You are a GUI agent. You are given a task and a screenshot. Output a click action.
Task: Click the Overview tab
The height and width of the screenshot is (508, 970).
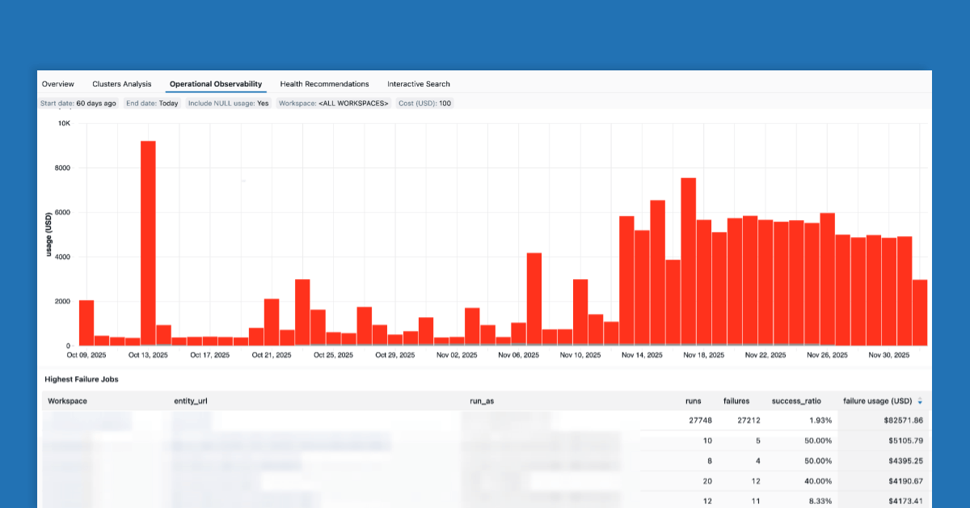point(58,84)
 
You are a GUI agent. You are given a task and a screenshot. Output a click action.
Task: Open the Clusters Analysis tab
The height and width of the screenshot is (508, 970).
point(122,84)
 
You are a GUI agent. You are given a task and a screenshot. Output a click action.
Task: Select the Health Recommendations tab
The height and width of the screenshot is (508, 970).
point(324,84)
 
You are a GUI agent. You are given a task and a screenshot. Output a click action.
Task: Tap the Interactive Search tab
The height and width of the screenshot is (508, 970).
point(419,84)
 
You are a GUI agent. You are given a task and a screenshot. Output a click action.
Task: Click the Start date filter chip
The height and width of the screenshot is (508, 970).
point(78,104)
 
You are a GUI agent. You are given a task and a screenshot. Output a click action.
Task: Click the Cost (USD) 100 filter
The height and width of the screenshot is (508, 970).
point(424,104)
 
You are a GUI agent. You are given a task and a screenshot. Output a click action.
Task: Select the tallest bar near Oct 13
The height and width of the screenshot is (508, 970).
point(148,243)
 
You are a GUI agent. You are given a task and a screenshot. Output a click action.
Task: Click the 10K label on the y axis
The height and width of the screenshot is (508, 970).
point(64,124)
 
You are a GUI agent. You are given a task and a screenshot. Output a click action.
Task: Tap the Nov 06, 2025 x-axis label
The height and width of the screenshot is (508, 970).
point(518,355)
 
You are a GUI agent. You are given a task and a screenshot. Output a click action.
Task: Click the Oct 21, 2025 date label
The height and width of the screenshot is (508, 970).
point(272,355)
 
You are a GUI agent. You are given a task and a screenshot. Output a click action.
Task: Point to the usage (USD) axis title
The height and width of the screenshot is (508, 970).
point(49,235)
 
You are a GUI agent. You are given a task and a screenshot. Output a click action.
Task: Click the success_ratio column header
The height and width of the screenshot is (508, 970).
point(796,401)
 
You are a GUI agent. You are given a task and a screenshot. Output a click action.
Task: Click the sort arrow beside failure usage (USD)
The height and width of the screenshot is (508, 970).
point(920,401)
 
